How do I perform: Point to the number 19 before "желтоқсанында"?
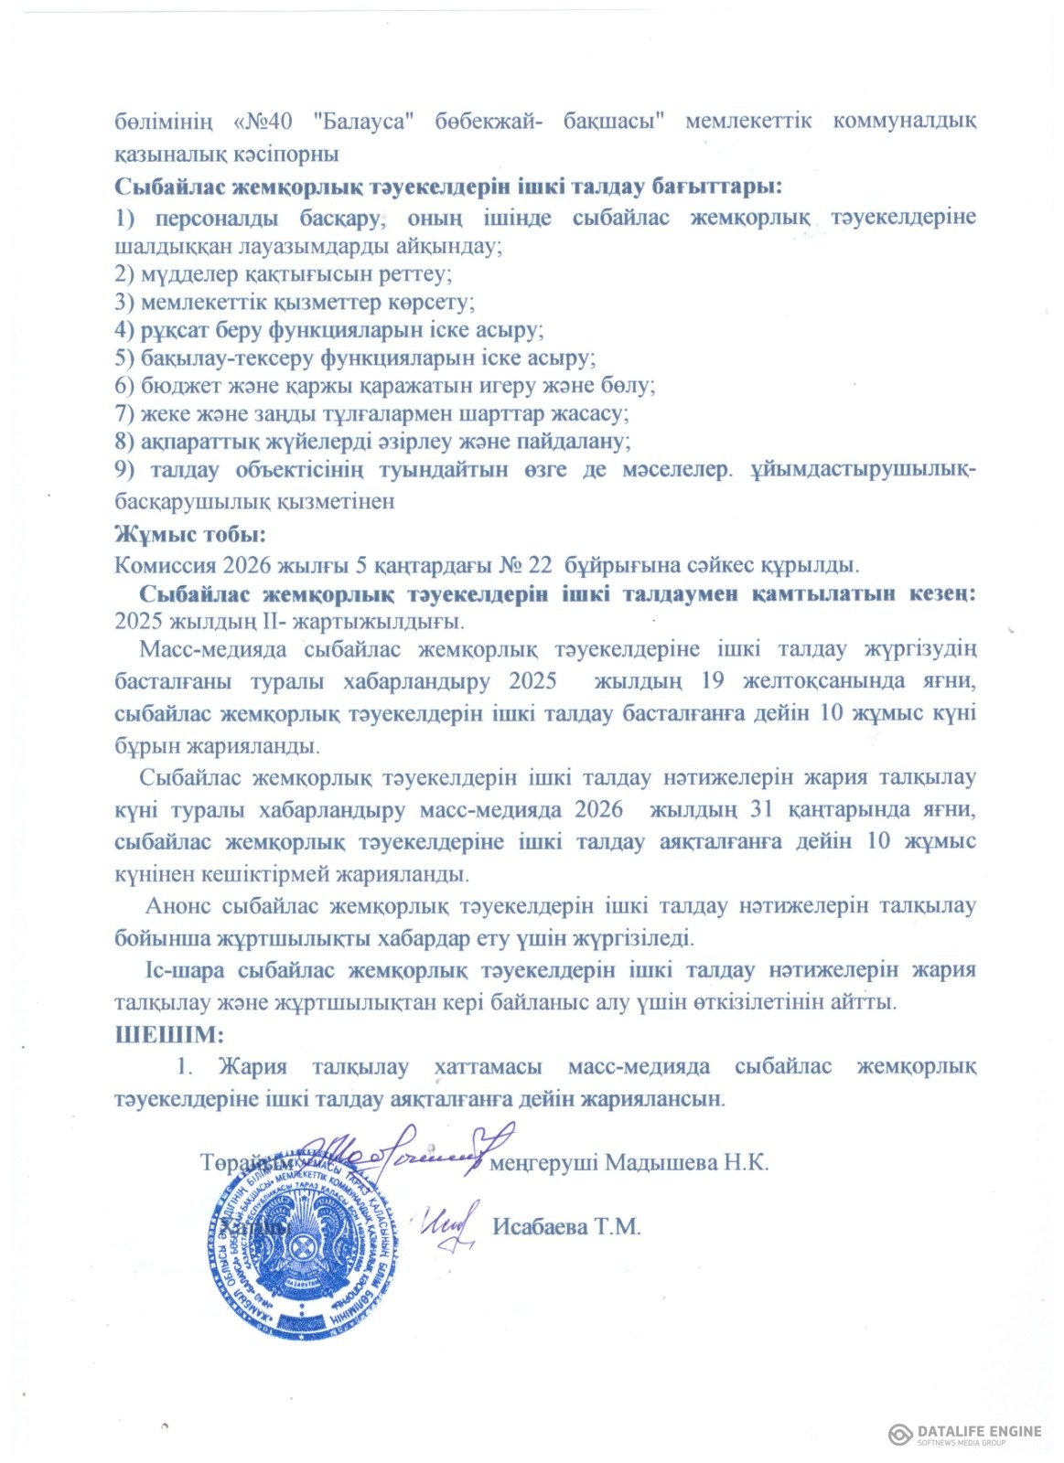(714, 681)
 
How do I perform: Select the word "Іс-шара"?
(182, 970)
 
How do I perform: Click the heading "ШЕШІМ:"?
(168, 1036)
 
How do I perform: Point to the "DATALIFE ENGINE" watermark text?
(978, 1431)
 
